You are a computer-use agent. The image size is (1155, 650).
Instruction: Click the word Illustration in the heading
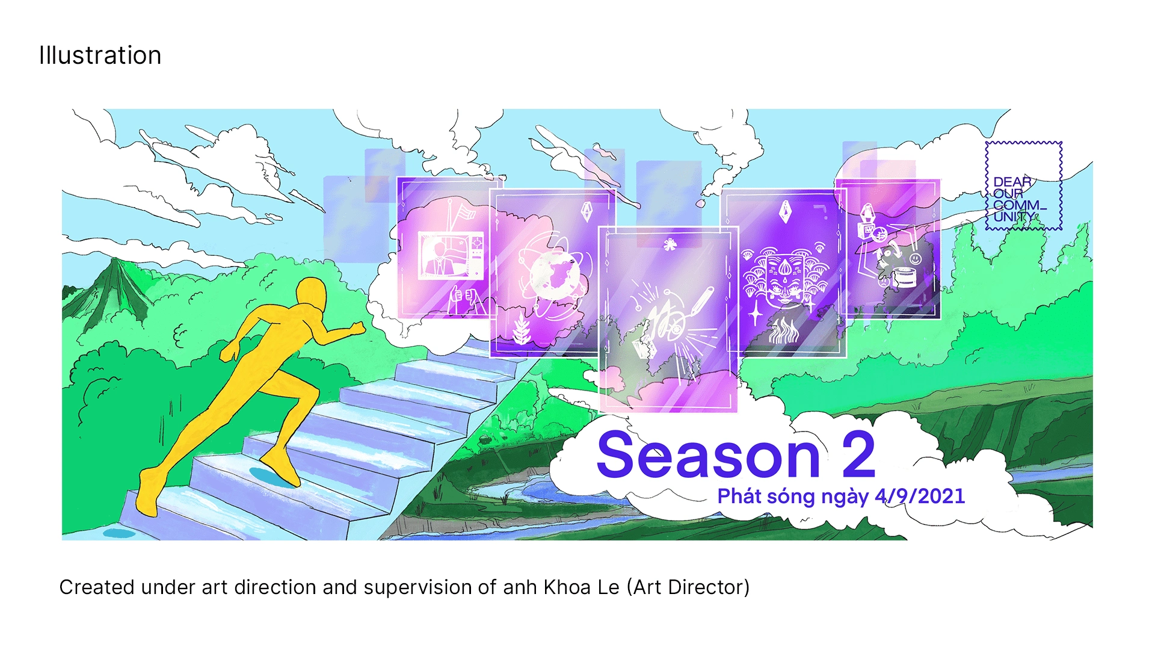[100, 55]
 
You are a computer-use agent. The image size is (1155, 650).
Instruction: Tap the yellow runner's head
[311, 294]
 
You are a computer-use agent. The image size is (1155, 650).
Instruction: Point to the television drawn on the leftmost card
[451, 256]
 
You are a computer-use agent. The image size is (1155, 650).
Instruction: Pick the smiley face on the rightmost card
[915, 259]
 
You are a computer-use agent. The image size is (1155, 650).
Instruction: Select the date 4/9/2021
[920, 496]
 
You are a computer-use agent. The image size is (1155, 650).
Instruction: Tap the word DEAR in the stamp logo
[1012, 182]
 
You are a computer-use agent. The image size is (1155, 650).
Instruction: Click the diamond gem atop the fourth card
[786, 212]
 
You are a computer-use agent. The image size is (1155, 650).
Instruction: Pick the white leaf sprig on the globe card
[521, 329]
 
